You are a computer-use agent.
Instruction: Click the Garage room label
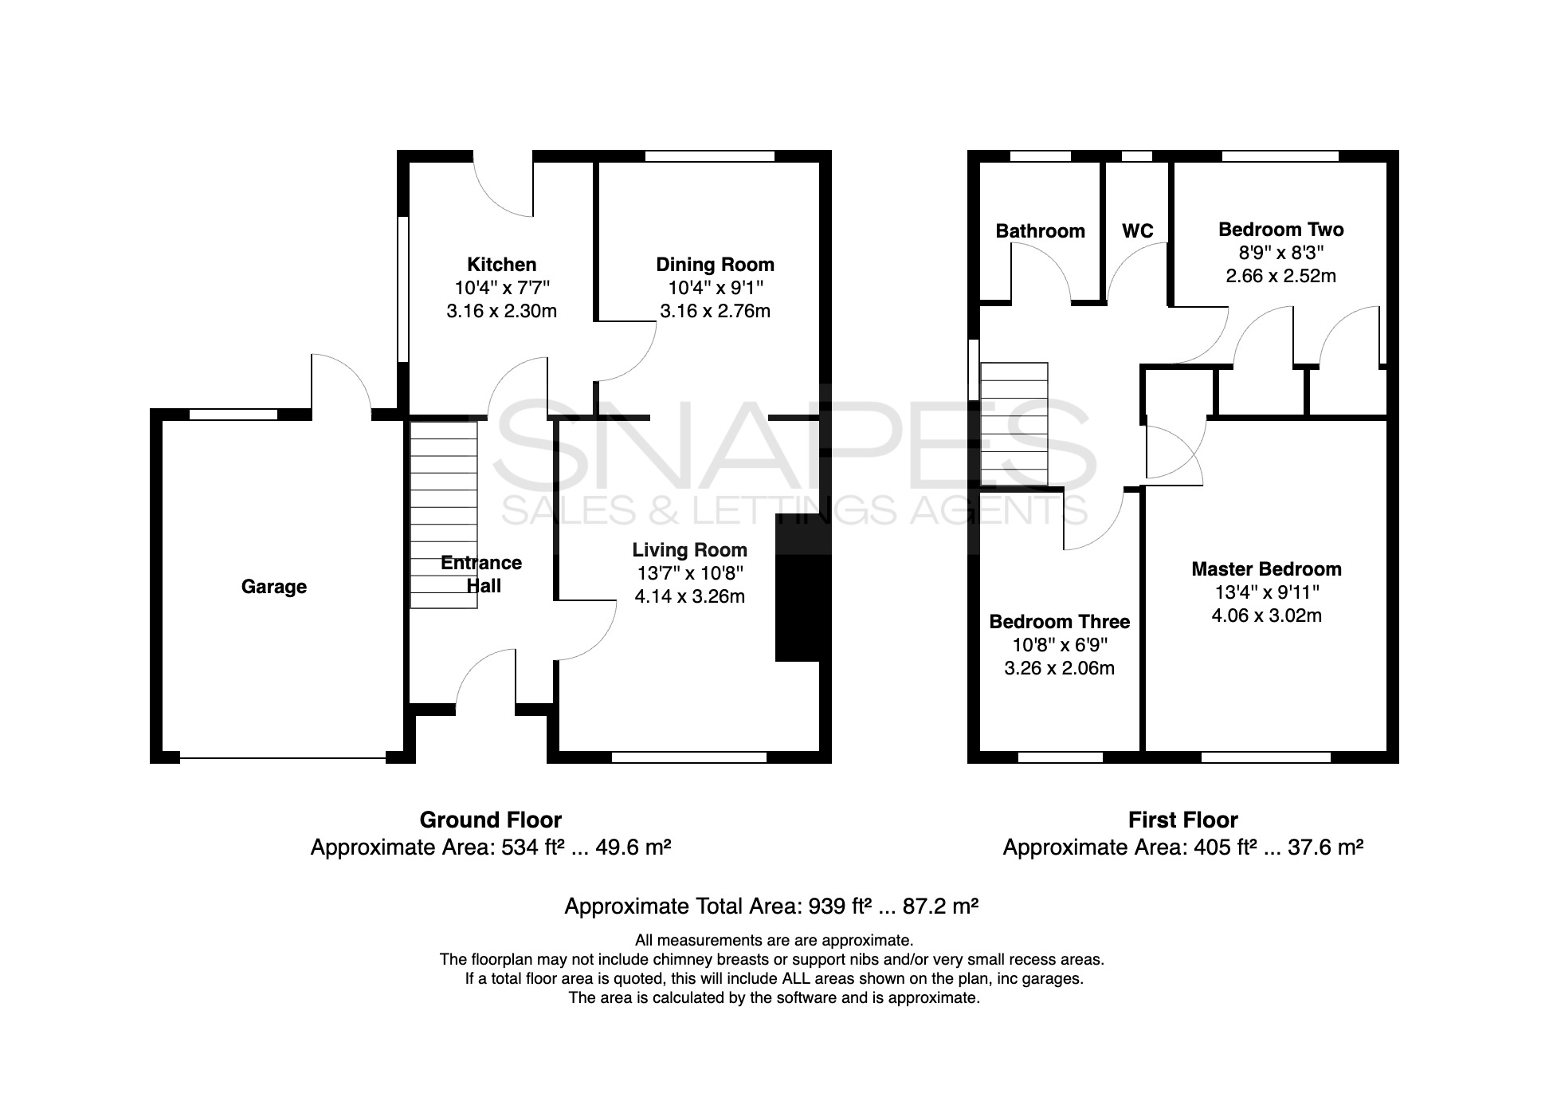point(273,587)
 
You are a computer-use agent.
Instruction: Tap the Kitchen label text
point(501,265)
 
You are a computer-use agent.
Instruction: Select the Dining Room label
point(715,265)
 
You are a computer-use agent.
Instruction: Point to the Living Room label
point(689,550)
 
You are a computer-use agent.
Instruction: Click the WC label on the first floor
point(1137,231)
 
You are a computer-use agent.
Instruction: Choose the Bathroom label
point(1040,231)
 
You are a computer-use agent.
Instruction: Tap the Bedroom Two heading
point(1280,230)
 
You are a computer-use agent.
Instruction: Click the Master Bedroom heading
point(1266,569)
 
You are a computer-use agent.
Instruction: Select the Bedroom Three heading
point(1059,622)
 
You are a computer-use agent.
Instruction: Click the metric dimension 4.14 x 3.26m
point(689,596)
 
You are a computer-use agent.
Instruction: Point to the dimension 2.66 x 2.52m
point(1280,276)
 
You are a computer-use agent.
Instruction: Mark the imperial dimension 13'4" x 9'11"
point(1266,592)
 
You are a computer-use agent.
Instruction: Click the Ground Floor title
point(490,820)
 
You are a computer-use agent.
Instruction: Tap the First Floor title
point(1182,820)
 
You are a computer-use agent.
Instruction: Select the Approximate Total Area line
point(771,906)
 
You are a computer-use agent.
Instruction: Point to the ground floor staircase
point(444,514)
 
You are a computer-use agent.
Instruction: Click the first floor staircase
point(1014,424)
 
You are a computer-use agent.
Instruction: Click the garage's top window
point(233,414)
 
